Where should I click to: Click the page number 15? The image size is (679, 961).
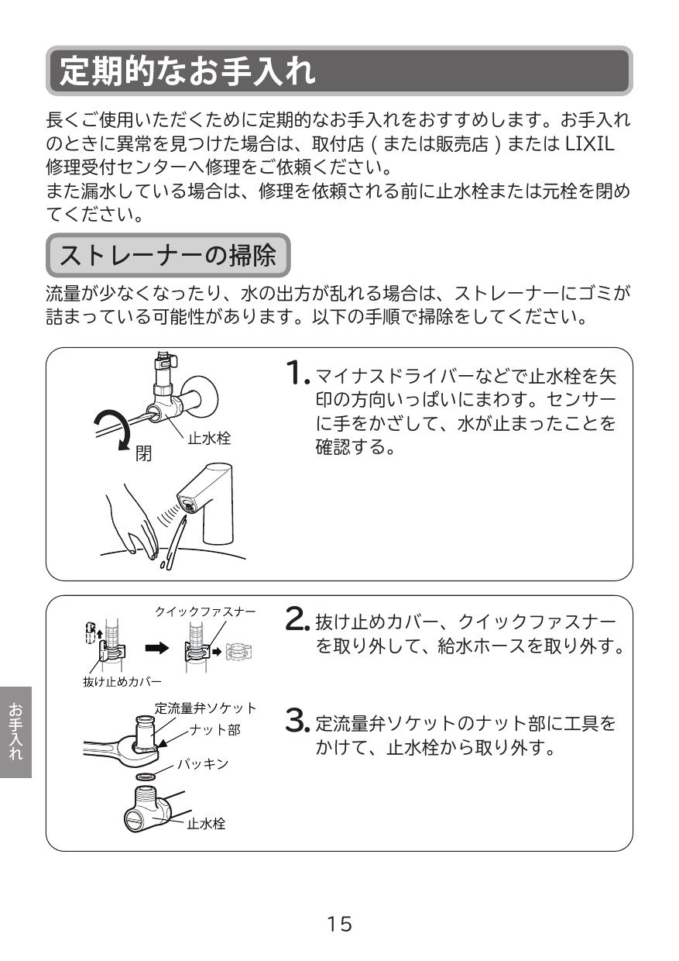click(339, 924)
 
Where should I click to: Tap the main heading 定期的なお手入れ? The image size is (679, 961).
click(187, 71)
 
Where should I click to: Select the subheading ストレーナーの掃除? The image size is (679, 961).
click(168, 255)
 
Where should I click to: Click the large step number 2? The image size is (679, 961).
click(297, 618)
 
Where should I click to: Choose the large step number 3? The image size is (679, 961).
click(297, 722)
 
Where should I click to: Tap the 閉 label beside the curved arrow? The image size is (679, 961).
click(144, 453)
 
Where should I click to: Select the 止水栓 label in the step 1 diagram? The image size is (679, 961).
click(209, 439)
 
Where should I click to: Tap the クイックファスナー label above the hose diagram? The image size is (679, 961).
click(205, 611)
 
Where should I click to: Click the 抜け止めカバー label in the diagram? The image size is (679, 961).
click(122, 681)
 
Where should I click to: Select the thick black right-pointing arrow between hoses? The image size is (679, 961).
click(158, 648)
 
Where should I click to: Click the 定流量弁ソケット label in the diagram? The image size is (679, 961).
click(206, 708)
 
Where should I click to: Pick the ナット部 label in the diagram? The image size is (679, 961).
click(214, 730)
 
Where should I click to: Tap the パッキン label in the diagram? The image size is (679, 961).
click(203, 764)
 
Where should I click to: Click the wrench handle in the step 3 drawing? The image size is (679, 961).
click(105, 749)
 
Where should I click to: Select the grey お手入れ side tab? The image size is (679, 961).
click(15, 732)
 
